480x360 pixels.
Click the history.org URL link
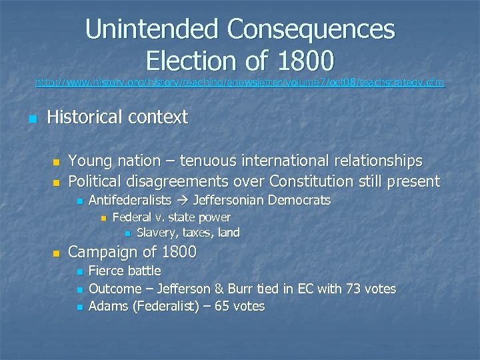239,83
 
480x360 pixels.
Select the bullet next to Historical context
31,119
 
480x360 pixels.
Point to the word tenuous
211,161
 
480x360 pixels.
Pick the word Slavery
157,233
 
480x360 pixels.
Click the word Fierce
107,271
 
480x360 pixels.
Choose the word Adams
107,307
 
